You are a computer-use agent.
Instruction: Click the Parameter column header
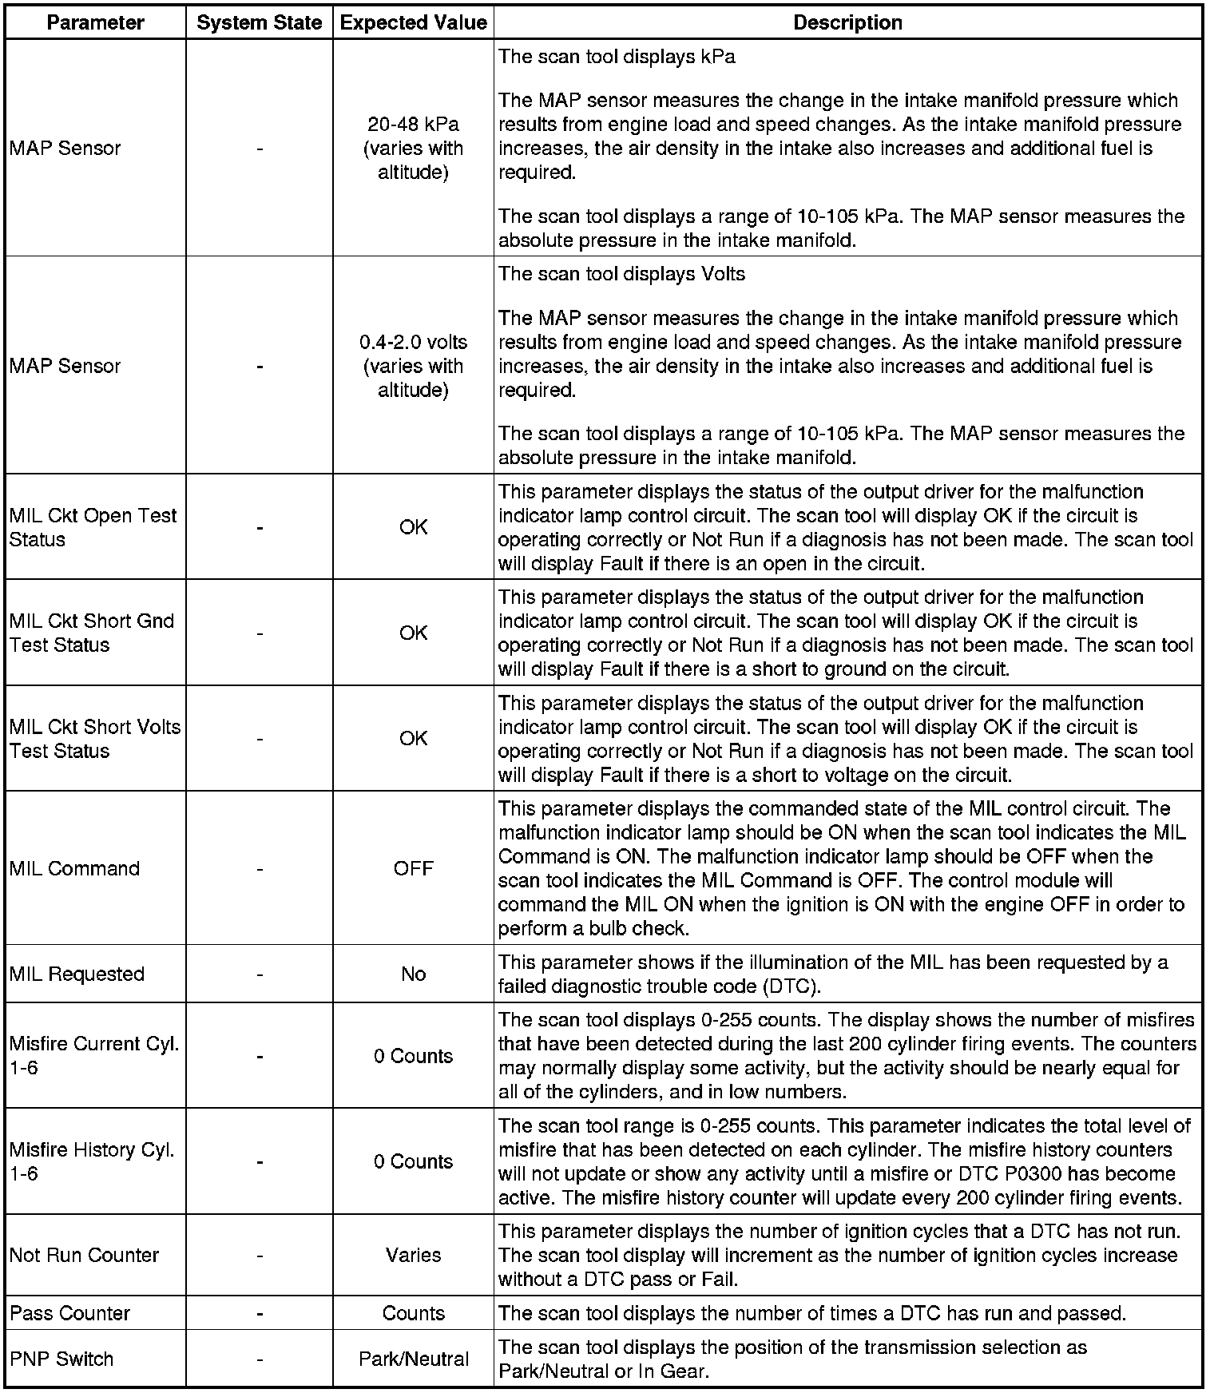pyautogui.click(x=95, y=22)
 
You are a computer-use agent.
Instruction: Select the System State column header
pyautogui.click(x=260, y=22)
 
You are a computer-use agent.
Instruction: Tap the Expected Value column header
pyautogui.click(x=413, y=22)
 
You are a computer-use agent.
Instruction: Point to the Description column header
pyautogui.click(x=847, y=22)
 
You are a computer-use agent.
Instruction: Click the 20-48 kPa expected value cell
pyautogui.click(x=413, y=149)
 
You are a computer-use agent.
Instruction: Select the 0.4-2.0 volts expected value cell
pyautogui.click(x=413, y=366)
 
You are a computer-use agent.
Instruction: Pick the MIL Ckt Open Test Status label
pyautogui.click(x=93, y=527)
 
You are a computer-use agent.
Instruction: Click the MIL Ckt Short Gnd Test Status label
pyautogui.click(x=91, y=633)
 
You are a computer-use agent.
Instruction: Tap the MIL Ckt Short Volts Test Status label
pyautogui.click(x=94, y=739)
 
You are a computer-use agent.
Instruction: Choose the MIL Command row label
pyautogui.click(x=74, y=868)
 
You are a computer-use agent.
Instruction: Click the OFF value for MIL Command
pyautogui.click(x=413, y=868)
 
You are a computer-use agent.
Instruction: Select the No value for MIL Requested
pyautogui.click(x=413, y=974)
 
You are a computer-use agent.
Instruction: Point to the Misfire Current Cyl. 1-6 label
pyautogui.click(x=93, y=1056)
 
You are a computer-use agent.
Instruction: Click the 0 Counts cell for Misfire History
pyautogui.click(x=413, y=1161)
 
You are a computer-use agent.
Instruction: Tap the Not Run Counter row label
pyautogui.click(x=84, y=1255)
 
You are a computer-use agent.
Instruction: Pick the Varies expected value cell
pyautogui.click(x=413, y=1255)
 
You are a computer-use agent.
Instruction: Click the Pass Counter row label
pyautogui.click(x=69, y=1313)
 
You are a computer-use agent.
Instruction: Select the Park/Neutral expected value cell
pyautogui.click(x=413, y=1359)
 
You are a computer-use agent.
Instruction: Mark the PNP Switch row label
pyautogui.click(x=61, y=1359)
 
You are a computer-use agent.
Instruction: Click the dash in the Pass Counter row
pyautogui.click(x=260, y=1313)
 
